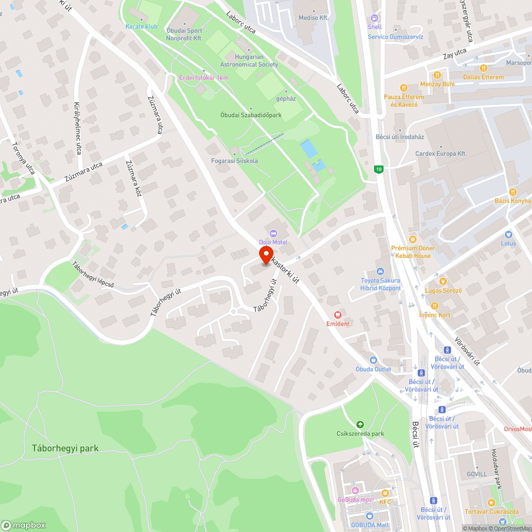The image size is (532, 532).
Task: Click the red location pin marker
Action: tap(266, 254)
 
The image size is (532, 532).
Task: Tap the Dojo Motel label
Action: tap(273, 242)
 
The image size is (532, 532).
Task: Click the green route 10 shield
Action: tap(378, 169)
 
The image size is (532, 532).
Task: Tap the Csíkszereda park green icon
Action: tap(360, 425)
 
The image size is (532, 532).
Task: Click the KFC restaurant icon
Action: tap(385, 493)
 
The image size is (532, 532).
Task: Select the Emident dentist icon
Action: tap(337, 315)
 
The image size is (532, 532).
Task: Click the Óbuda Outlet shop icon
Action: tap(373, 360)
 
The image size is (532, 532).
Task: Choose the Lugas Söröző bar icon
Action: tap(442, 281)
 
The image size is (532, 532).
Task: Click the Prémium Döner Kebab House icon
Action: tap(413, 239)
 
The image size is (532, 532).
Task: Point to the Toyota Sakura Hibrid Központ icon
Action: tap(380, 271)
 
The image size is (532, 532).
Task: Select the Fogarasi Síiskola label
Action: tap(234, 161)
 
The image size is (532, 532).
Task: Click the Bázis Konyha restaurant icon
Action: tap(513, 192)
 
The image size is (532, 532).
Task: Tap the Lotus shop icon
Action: tap(508, 235)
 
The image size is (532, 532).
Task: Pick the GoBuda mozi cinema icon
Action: tap(355, 491)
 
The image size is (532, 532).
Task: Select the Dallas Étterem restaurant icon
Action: tap(483, 68)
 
